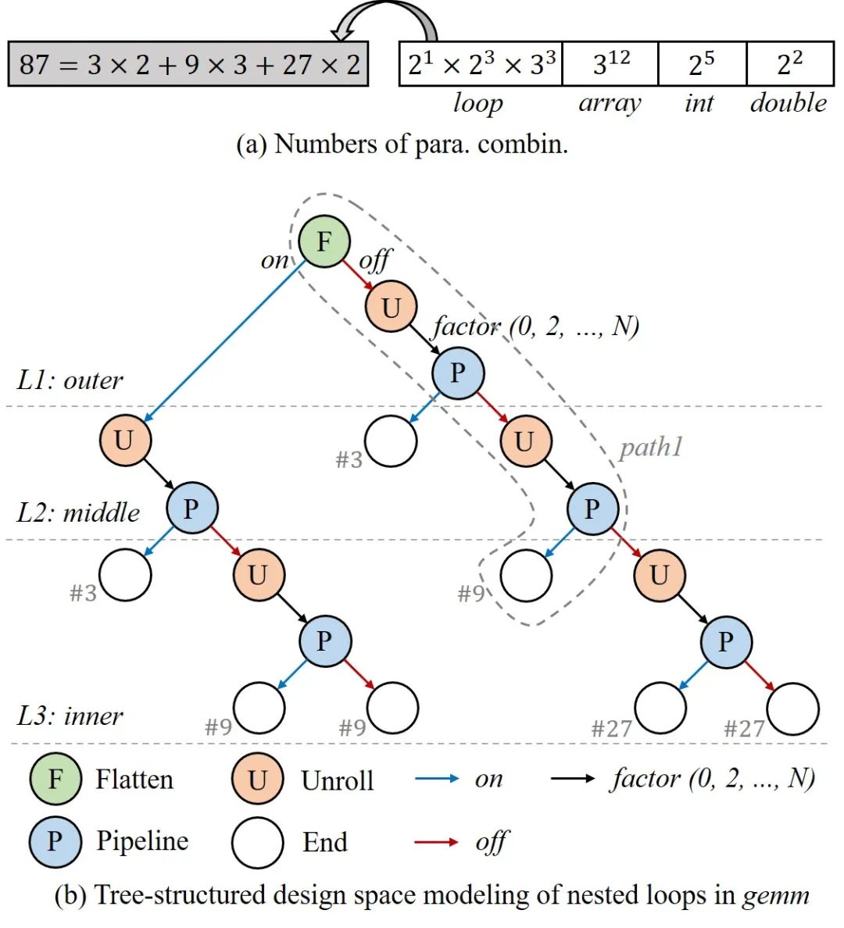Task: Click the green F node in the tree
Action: pos(324,241)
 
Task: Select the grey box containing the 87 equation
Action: pos(188,64)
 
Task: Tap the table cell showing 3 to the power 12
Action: pos(610,64)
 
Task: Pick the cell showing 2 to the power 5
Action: pos(702,64)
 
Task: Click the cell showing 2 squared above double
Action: pos(789,64)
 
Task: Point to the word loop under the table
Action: pos(477,103)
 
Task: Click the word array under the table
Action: pos(610,103)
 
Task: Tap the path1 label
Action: pos(651,447)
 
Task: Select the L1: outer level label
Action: pos(70,380)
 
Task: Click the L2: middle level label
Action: pos(78,512)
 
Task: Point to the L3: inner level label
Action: pos(70,716)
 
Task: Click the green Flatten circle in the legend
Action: pos(55,780)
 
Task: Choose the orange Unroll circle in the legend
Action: pos(257,780)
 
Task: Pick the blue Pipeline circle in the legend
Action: pos(55,842)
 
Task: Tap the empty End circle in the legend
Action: pos(257,842)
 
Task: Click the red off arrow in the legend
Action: pos(436,842)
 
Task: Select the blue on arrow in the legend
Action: pos(436,779)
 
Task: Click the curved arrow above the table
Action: pos(387,17)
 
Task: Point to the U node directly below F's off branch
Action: pos(391,307)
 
